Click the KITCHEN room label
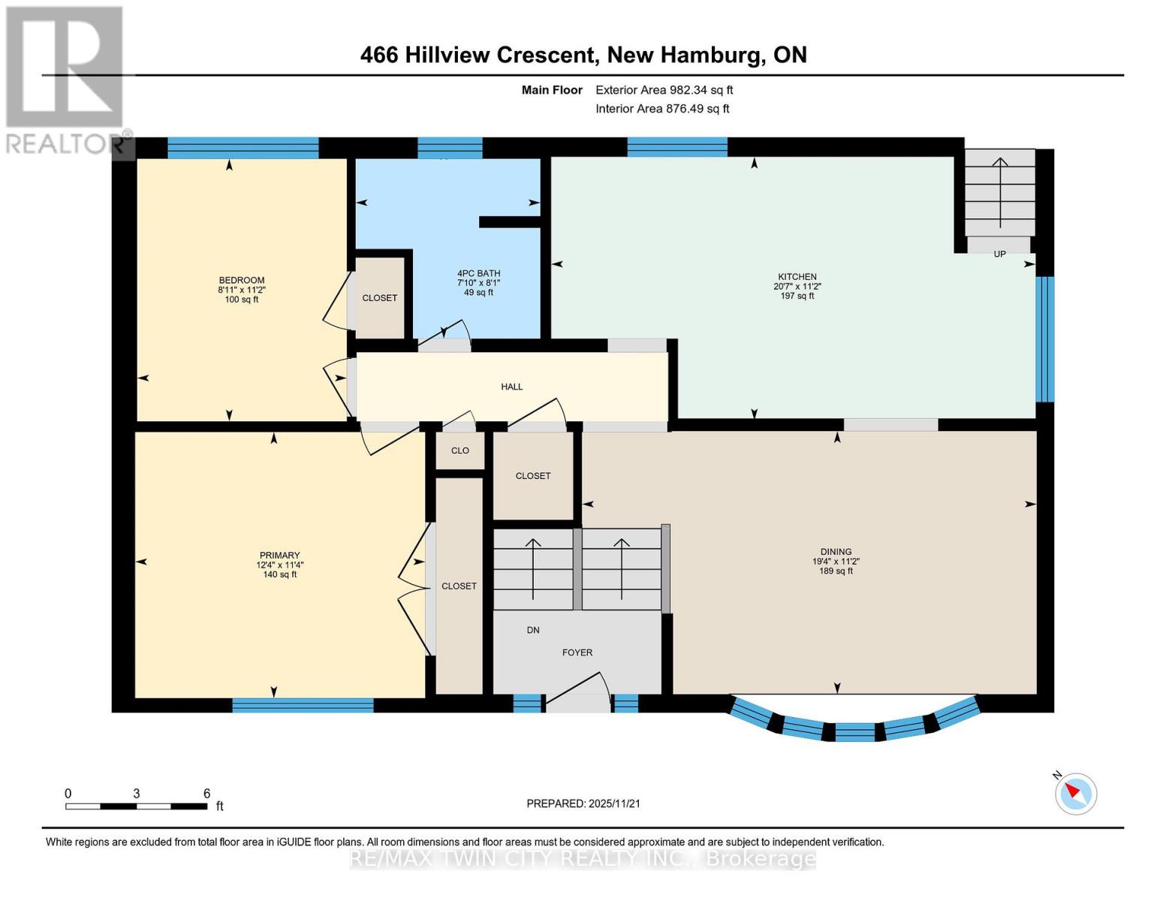[797, 276]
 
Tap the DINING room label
[836, 551]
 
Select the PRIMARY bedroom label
[279, 556]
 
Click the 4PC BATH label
[478, 273]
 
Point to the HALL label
[512, 387]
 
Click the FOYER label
[577, 652]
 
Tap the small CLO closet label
[460, 450]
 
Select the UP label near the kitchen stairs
[999, 254]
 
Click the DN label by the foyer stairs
[533, 630]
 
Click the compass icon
[1075, 793]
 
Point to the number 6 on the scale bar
[206, 794]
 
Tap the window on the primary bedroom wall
[303, 705]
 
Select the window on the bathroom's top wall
[450, 148]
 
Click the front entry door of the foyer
[577, 702]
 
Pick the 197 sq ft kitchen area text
[797, 296]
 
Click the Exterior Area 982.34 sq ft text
[664, 90]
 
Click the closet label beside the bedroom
[380, 298]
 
